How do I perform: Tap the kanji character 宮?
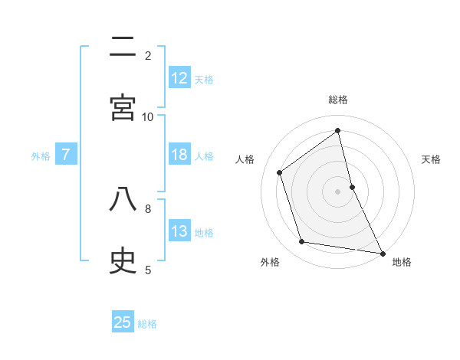tap(123, 108)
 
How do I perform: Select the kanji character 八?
tap(123, 200)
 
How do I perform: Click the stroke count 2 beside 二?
tap(148, 55)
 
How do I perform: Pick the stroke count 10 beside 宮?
tap(148, 116)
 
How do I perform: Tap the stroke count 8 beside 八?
tap(148, 208)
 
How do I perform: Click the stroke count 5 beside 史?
tap(148, 269)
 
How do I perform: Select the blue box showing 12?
tap(179, 78)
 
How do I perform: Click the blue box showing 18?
tap(179, 155)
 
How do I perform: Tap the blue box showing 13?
tap(179, 231)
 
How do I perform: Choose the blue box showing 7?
tap(66, 155)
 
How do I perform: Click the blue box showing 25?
tap(123, 322)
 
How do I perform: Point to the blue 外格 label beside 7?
tap(41, 155)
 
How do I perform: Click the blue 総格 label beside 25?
tap(147, 323)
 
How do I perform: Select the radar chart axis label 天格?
tap(431, 159)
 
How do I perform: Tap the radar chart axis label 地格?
tap(402, 262)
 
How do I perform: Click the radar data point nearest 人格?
tap(280, 172)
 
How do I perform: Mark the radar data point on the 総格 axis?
tap(337, 131)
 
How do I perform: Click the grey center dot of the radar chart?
tap(337, 191)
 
